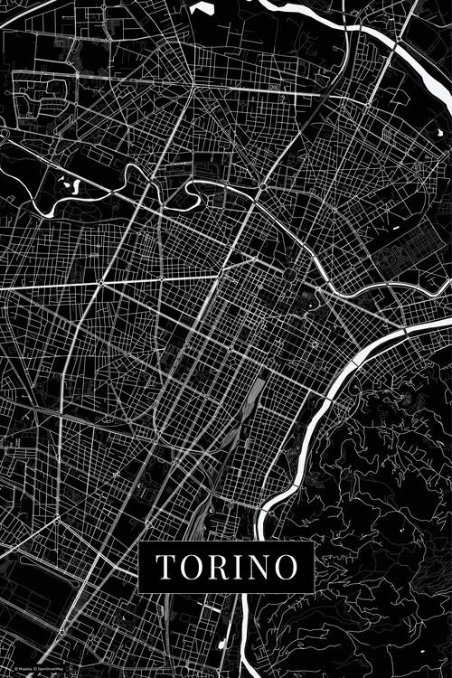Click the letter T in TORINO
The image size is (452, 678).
point(166,567)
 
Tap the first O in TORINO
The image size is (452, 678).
point(190,567)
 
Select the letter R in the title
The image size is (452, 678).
point(217,567)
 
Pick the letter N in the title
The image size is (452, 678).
point(258,567)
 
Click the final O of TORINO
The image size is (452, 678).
point(285,567)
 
